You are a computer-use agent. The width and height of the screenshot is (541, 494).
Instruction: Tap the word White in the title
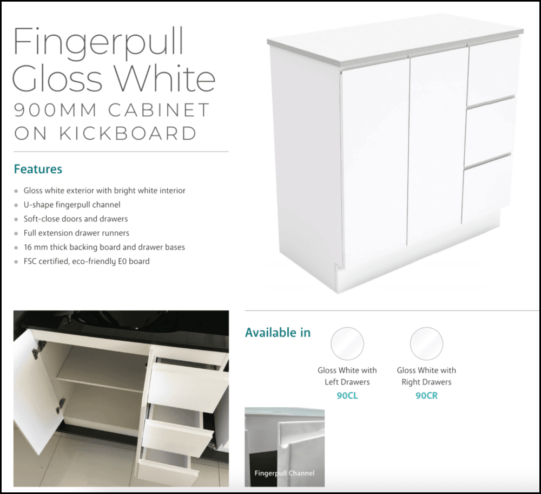coord(166,78)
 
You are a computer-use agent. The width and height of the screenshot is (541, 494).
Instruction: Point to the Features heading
coord(38,169)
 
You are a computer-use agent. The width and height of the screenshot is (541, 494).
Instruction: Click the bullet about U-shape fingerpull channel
coord(72,205)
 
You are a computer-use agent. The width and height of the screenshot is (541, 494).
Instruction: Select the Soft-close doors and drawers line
coord(76,219)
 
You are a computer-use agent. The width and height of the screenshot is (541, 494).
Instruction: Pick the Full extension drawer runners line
coord(76,233)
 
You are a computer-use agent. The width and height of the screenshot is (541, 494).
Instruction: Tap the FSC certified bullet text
coord(87,261)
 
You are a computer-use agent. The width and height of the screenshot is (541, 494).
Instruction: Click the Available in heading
coord(278,332)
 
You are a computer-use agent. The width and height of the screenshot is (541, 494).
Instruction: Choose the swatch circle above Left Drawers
coord(347,343)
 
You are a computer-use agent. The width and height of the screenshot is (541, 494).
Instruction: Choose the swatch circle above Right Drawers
coord(426,343)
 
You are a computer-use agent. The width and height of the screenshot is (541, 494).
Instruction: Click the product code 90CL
coord(347,396)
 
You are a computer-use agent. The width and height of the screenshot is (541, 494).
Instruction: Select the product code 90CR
coord(426,396)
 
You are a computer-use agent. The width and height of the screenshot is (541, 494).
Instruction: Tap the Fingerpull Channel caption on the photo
coord(285,473)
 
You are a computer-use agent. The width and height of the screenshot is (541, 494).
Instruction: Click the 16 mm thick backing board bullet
coord(104,247)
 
